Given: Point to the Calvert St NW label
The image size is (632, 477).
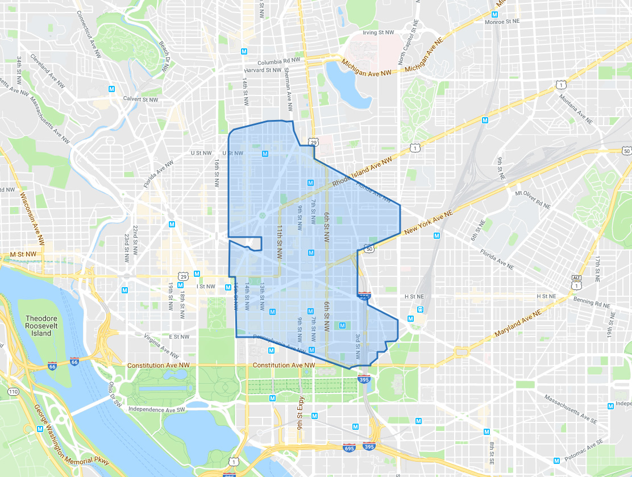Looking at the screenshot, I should (x=140, y=99).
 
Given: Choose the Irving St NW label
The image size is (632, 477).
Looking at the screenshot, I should (x=379, y=32).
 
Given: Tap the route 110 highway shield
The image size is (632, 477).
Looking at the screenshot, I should (x=13, y=392).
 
